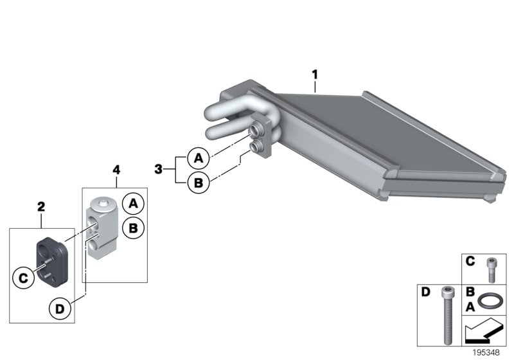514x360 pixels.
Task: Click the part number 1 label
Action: coord(315,75)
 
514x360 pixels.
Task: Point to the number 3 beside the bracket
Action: coord(159,169)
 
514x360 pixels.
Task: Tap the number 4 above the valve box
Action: coord(116,170)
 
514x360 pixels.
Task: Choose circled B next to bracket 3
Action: coord(198,183)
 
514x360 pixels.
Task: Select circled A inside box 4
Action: coord(134,204)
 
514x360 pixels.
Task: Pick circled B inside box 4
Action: coord(134,228)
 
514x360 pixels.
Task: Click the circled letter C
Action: coord(23,278)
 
